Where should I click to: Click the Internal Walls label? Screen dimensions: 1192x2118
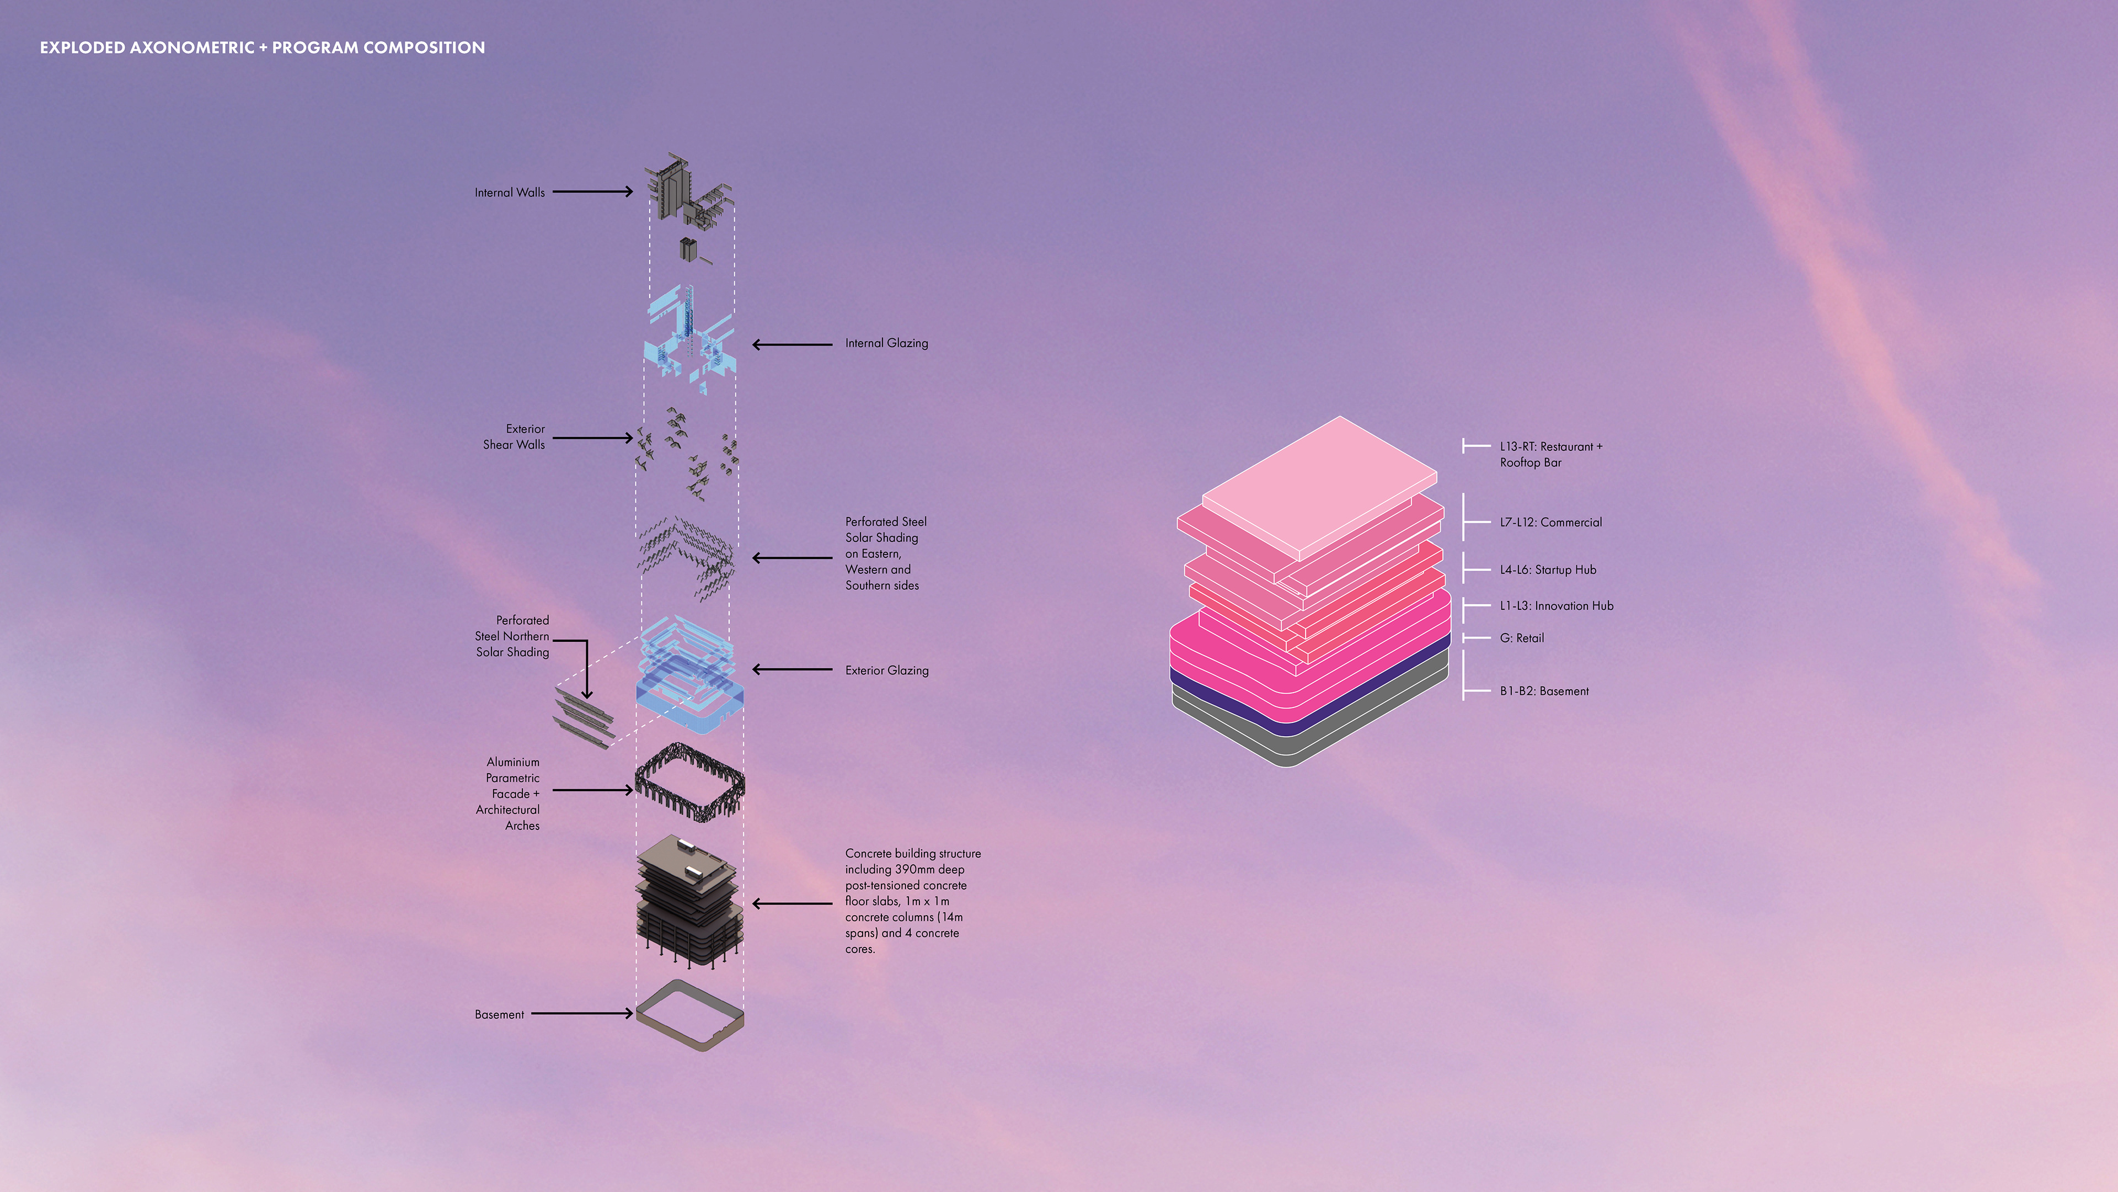pos(509,193)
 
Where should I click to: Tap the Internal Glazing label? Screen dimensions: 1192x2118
pos(886,343)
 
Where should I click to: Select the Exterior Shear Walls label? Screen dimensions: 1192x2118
pos(514,437)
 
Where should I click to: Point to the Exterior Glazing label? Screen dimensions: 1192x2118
pos(886,670)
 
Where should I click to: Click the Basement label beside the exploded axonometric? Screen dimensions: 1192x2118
pos(499,1014)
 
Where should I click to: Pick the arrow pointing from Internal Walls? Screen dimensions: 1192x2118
pos(592,191)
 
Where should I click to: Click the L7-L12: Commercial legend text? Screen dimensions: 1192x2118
pos(1550,523)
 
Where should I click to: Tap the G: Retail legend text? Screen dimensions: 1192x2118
pos(1521,637)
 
